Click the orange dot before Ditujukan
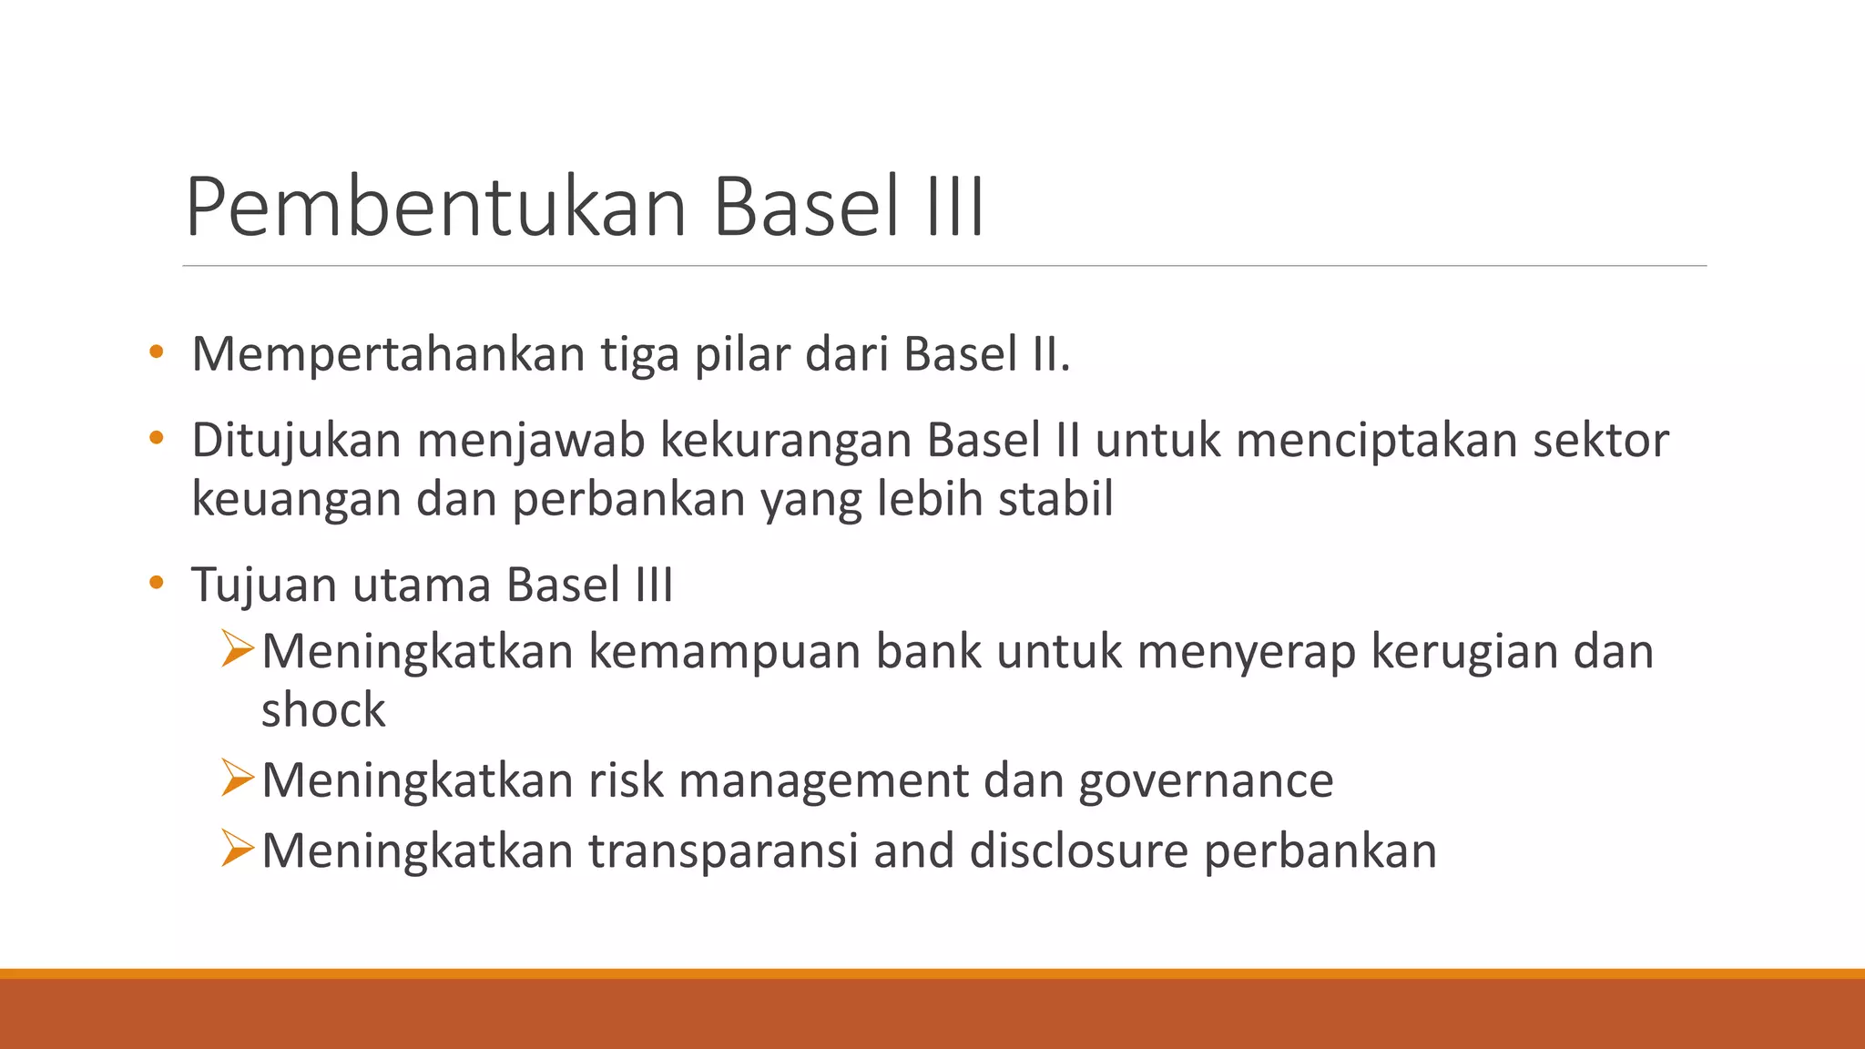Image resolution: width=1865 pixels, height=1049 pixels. (x=157, y=439)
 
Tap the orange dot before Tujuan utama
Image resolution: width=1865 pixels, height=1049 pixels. (x=157, y=583)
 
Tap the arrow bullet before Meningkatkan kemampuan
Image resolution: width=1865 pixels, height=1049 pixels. (x=237, y=649)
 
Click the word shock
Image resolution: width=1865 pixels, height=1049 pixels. (x=323, y=710)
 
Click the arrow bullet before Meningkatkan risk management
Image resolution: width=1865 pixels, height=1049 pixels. (x=237, y=778)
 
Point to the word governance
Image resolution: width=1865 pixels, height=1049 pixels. (x=1206, y=781)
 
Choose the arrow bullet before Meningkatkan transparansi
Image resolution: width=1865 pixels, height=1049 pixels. (x=237, y=848)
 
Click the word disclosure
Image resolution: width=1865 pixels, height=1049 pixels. (x=1078, y=850)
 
